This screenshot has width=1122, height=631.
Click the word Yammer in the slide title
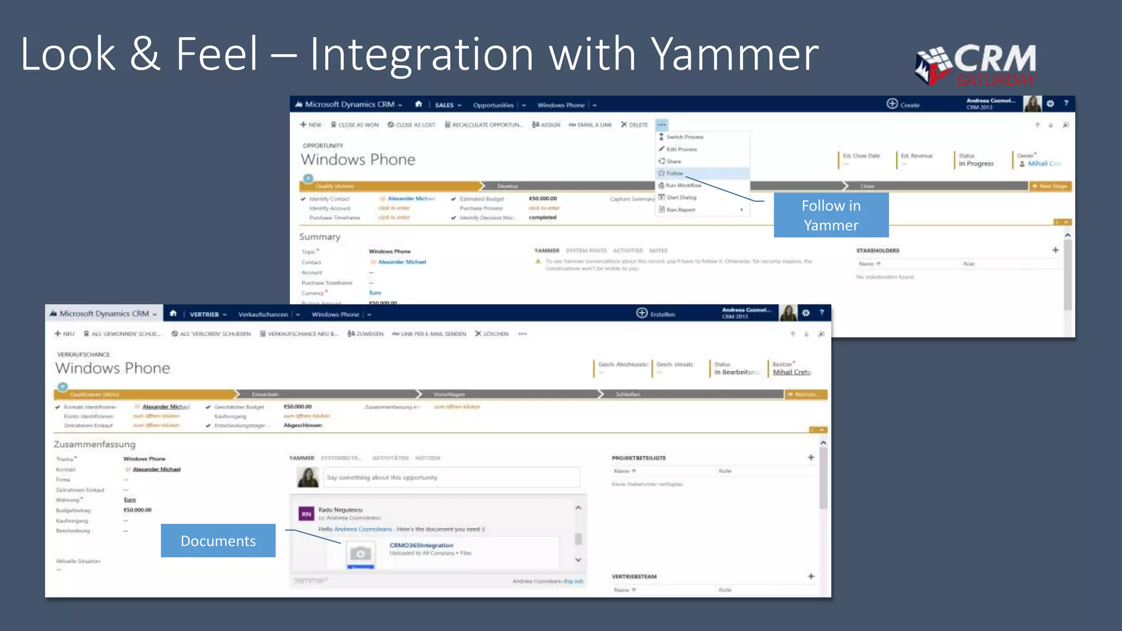[x=734, y=55]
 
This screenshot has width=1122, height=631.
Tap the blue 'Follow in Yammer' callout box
[x=831, y=215]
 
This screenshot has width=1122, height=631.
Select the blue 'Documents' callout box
[x=218, y=541]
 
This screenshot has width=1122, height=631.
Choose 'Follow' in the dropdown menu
[x=674, y=173]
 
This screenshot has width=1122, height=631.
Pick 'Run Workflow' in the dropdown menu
[x=683, y=185]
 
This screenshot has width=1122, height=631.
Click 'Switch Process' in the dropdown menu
[x=684, y=137]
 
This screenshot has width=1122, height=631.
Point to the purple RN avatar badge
[x=306, y=514]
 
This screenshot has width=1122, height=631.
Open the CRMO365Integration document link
[x=421, y=545]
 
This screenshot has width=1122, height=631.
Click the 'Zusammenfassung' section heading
[x=94, y=444]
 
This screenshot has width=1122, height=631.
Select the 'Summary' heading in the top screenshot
[x=319, y=237]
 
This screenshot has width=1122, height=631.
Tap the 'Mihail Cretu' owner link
[x=792, y=372]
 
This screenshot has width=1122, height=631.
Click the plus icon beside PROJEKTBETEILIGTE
[x=811, y=457]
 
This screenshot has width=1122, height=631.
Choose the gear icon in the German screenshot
[x=806, y=313]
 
